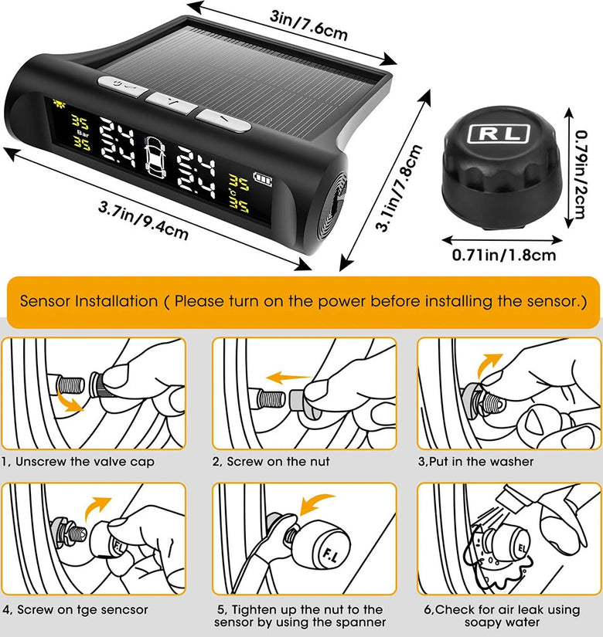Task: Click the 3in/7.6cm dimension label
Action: point(308,25)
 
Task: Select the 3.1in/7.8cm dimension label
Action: point(398,188)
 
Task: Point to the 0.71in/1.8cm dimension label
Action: point(504,255)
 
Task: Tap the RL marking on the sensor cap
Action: point(499,134)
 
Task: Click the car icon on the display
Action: point(155,157)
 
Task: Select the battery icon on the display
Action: point(262,179)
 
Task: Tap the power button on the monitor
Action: point(122,86)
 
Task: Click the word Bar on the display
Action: point(83,134)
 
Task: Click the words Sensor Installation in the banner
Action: point(89,301)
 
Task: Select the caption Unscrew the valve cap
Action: point(85,462)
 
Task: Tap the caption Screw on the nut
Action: point(278,462)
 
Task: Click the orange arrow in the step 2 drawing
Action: point(287,378)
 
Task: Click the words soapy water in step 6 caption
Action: point(502,622)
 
